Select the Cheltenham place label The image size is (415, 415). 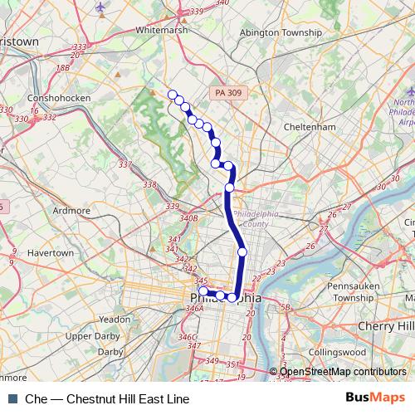point(308,127)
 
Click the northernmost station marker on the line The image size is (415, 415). point(173,94)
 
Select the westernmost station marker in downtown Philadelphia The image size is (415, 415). point(203,290)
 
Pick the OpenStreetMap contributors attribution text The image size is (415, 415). point(342,372)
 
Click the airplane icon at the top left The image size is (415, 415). point(101,7)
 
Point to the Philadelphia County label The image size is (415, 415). point(257,218)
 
